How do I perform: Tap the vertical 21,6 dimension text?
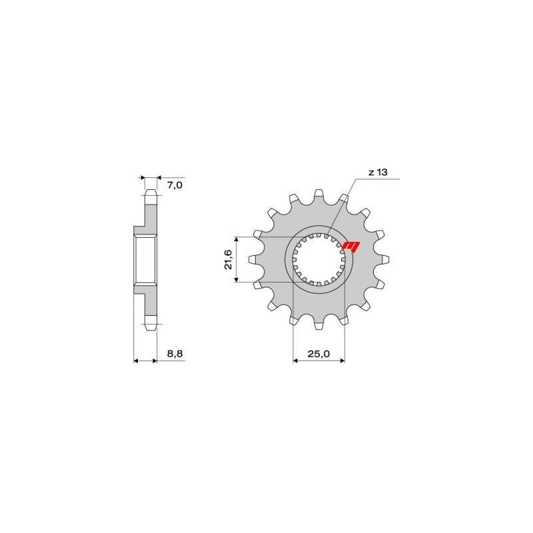[229, 259]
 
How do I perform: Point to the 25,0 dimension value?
[319, 354]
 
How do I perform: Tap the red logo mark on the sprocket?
[350, 247]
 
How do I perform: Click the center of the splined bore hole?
[319, 261]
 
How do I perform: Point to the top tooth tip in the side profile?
[151, 194]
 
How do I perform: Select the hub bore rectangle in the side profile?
[145, 260]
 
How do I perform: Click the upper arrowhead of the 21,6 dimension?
[237, 239]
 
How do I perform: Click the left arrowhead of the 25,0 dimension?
[296, 362]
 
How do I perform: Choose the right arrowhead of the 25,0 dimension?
[342, 362]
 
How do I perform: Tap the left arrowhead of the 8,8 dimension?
[137, 362]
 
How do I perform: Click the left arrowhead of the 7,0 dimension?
[142, 179]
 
